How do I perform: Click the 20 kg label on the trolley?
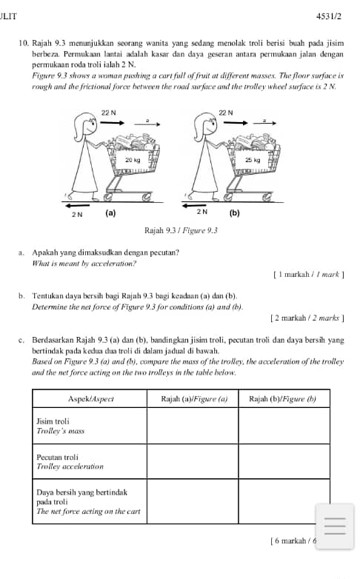pos(133,160)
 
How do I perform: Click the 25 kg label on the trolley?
pos(253,160)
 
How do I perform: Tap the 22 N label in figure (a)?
pos(108,113)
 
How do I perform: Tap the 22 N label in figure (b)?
pos(226,113)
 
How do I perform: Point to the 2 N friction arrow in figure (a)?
pos(78,205)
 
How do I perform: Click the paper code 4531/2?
pos(329,16)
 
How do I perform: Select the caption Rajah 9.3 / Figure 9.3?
pos(181,231)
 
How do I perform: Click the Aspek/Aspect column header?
pos(91,399)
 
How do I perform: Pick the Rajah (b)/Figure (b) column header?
pos(282,399)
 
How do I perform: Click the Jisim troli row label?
pos(53,421)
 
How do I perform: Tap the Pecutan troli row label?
pos(57,457)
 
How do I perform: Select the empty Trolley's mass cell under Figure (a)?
pos(193,426)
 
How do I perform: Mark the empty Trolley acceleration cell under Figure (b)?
pos(284,461)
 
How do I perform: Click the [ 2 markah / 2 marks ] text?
pos(307,318)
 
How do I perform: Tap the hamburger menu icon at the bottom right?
pos(335,526)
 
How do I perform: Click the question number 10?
pos(23,43)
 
